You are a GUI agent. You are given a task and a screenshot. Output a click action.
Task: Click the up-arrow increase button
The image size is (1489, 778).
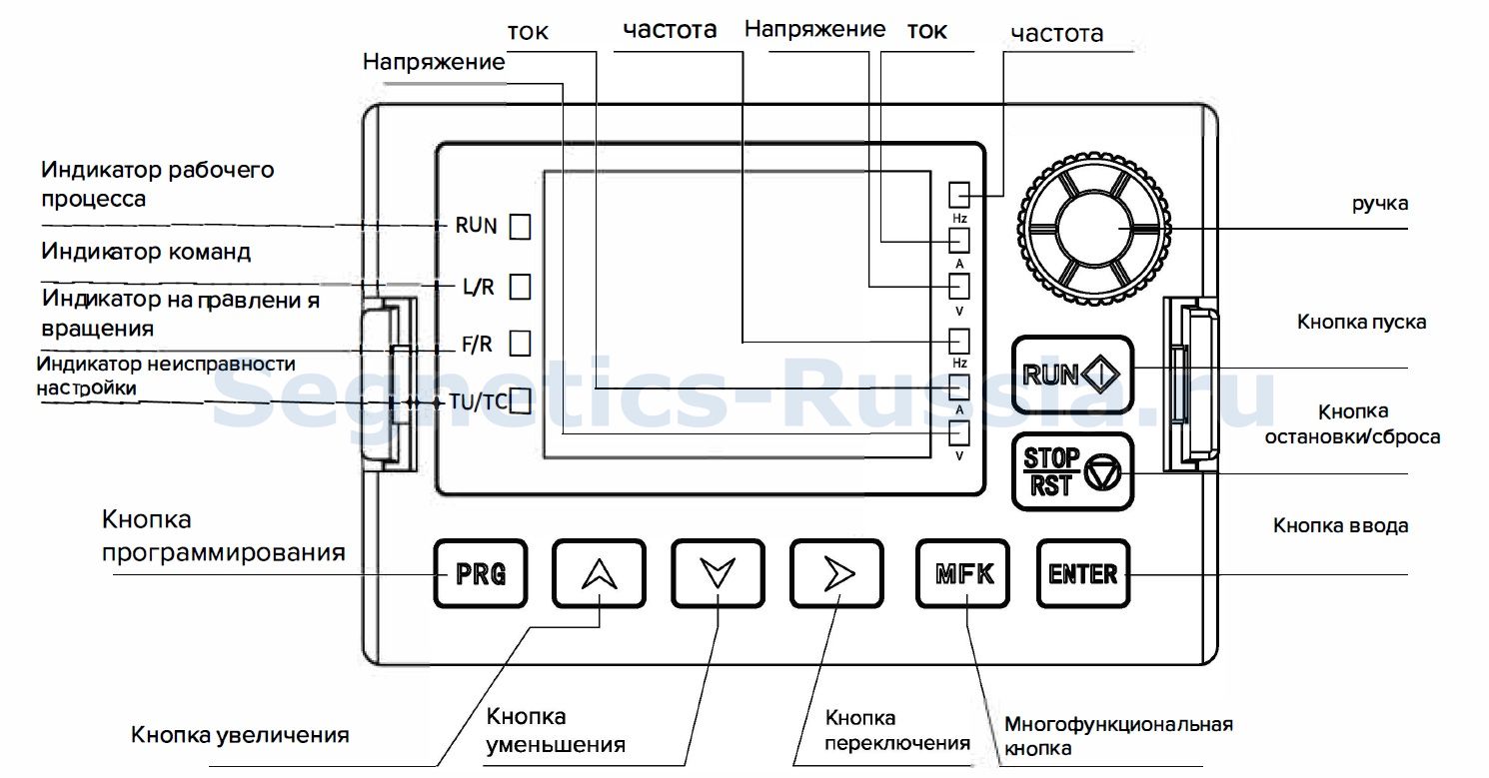pyautogui.click(x=599, y=573)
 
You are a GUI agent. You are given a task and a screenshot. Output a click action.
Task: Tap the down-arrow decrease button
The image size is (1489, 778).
pyautogui.click(x=718, y=573)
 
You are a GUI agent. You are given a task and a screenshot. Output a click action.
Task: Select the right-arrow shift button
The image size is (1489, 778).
pyautogui.click(x=836, y=573)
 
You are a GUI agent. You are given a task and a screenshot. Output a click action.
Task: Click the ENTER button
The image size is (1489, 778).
pyautogui.click(x=1083, y=573)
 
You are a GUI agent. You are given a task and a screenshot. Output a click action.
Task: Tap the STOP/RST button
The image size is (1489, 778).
pyautogui.click(x=1072, y=471)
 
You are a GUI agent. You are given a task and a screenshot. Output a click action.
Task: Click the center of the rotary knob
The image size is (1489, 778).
pyautogui.click(x=1094, y=228)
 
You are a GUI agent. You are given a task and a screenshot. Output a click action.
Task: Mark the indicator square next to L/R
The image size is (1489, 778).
pyautogui.click(x=520, y=287)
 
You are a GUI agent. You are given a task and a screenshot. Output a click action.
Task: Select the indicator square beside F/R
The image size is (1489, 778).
pyautogui.click(x=520, y=344)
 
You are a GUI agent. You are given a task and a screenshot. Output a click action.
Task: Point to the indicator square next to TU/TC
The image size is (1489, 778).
pyautogui.click(x=520, y=401)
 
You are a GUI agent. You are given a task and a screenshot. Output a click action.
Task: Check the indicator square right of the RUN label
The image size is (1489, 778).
pyautogui.click(x=520, y=227)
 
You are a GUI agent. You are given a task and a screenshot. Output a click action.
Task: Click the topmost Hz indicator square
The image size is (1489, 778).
pyautogui.click(x=959, y=195)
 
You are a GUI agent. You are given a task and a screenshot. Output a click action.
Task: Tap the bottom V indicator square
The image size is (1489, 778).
pyautogui.click(x=959, y=433)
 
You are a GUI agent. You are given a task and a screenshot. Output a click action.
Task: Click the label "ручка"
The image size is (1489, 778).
pyautogui.click(x=1380, y=204)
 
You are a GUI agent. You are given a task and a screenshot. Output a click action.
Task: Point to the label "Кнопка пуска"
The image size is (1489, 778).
pyautogui.click(x=1361, y=323)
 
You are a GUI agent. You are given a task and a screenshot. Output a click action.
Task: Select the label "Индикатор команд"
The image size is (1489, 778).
pyautogui.click(x=146, y=252)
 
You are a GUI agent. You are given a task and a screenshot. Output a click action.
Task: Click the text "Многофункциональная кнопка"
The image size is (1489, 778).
pyautogui.click(x=1118, y=736)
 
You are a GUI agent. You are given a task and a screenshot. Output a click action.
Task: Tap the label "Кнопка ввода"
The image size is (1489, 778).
pyautogui.click(x=1341, y=525)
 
